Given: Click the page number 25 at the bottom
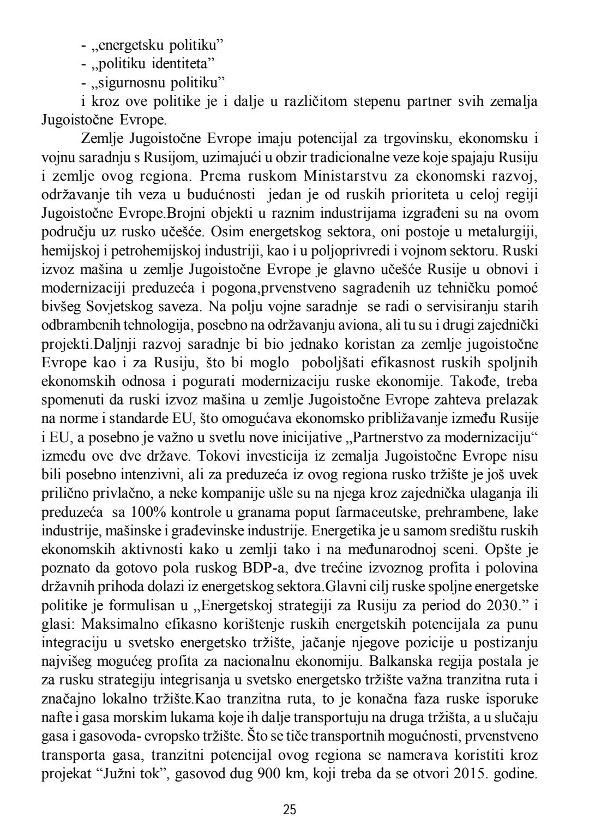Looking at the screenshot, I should (290, 809).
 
